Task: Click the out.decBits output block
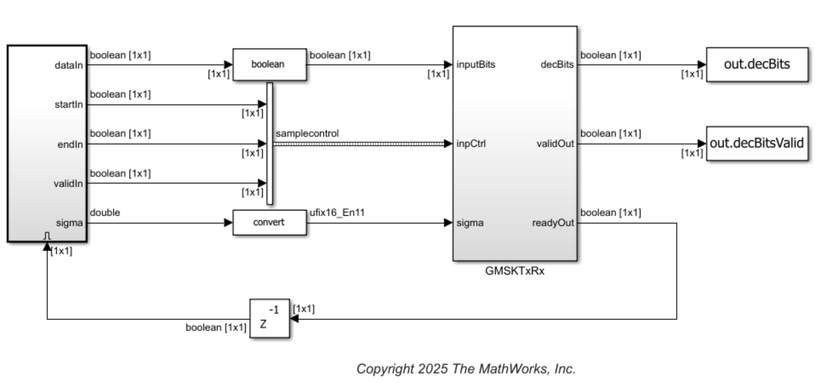tap(757, 64)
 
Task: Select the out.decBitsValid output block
tap(757, 144)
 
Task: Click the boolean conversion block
tap(269, 64)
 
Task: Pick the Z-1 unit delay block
tap(270, 319)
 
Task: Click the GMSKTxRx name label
tap(514, 271)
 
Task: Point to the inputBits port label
tap(476, 64)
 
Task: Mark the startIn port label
tap(72, 105)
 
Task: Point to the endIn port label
tap(73, 144)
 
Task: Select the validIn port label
tap(72, 183)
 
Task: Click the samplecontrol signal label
tap(307, 134)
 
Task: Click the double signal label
tap(104, 212)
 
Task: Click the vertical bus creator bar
tap(269, 143)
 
